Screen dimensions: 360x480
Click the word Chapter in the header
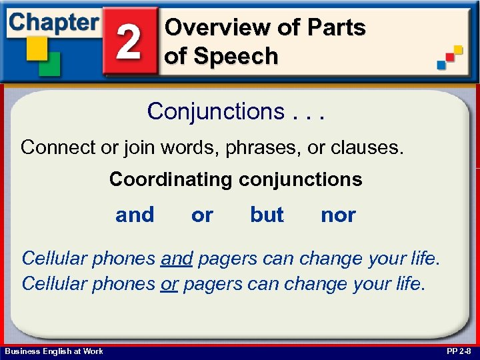[53, 22]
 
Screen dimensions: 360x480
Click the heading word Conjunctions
[216, 111]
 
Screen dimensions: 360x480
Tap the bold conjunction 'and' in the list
[135, 215]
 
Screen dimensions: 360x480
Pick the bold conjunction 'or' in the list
[202, 215]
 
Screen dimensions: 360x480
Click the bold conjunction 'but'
[267, 215]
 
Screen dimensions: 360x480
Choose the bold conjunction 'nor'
[338, 215]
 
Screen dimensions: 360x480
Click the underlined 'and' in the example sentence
[177, 257]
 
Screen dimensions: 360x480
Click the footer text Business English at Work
[54, 351]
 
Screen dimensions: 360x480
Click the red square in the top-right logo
[450, 57]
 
